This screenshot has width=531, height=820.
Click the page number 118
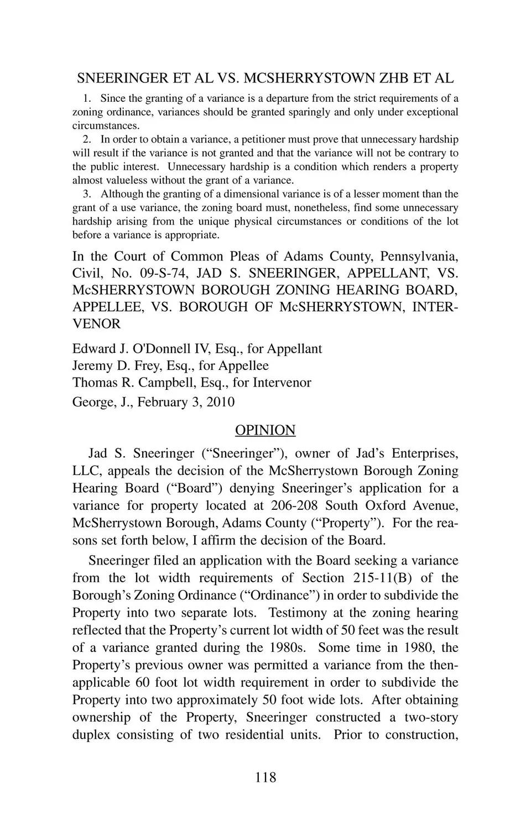265,777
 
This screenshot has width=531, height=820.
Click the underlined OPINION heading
265,430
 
